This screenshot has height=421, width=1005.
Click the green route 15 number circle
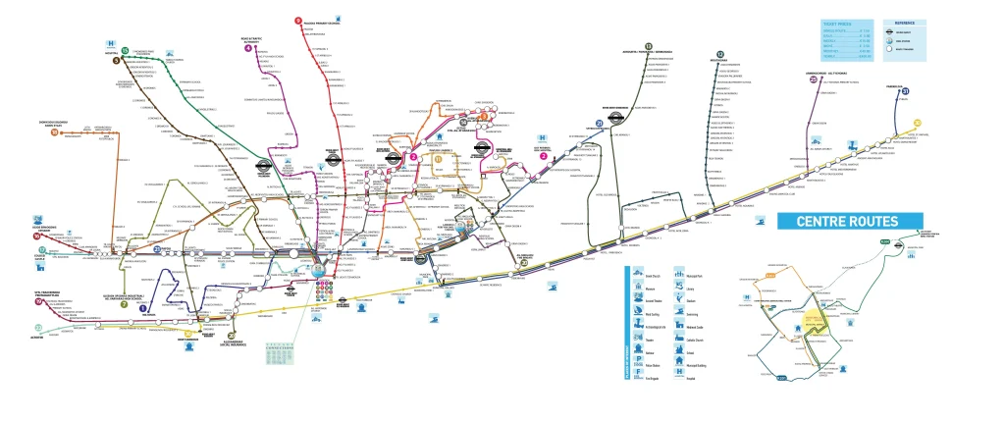click(x=125, y=50)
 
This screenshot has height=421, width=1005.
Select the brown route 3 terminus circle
click(x=116, y=61)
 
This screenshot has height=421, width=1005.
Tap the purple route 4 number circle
click(x=247, y=49)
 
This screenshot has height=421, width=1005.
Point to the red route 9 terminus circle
click(x=297, y=21)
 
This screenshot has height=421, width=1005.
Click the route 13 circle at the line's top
click(x=649, y=46)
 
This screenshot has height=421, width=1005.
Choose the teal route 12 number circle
click(x=721, y=55)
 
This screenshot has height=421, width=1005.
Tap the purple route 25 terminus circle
click(x=814, y=80)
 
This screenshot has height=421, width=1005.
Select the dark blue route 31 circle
click(x=905, y=92)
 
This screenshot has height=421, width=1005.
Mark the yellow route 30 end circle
click(x=917, y=123)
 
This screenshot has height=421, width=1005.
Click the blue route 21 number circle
click(x=599, y=123)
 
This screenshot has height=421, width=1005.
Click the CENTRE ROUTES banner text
click(x=849, y=221)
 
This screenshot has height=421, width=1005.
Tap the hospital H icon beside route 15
click(x=111, y=44)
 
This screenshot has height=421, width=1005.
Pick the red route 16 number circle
click(x=37, y=236)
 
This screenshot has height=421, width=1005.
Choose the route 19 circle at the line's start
click(x=37, y=301)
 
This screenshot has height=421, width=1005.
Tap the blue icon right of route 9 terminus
click(x=338, y=19)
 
